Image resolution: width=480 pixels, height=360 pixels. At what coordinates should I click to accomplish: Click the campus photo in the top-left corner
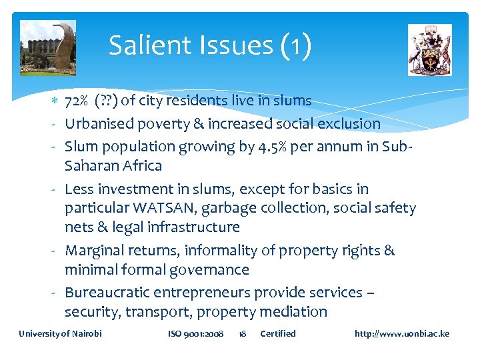coord(47,47)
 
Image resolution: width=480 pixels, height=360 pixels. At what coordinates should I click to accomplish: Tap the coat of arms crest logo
coord(429,50)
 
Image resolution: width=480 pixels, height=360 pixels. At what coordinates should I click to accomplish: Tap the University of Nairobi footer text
coord(60,333)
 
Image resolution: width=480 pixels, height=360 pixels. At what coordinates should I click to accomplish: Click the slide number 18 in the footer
coord(243,333)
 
